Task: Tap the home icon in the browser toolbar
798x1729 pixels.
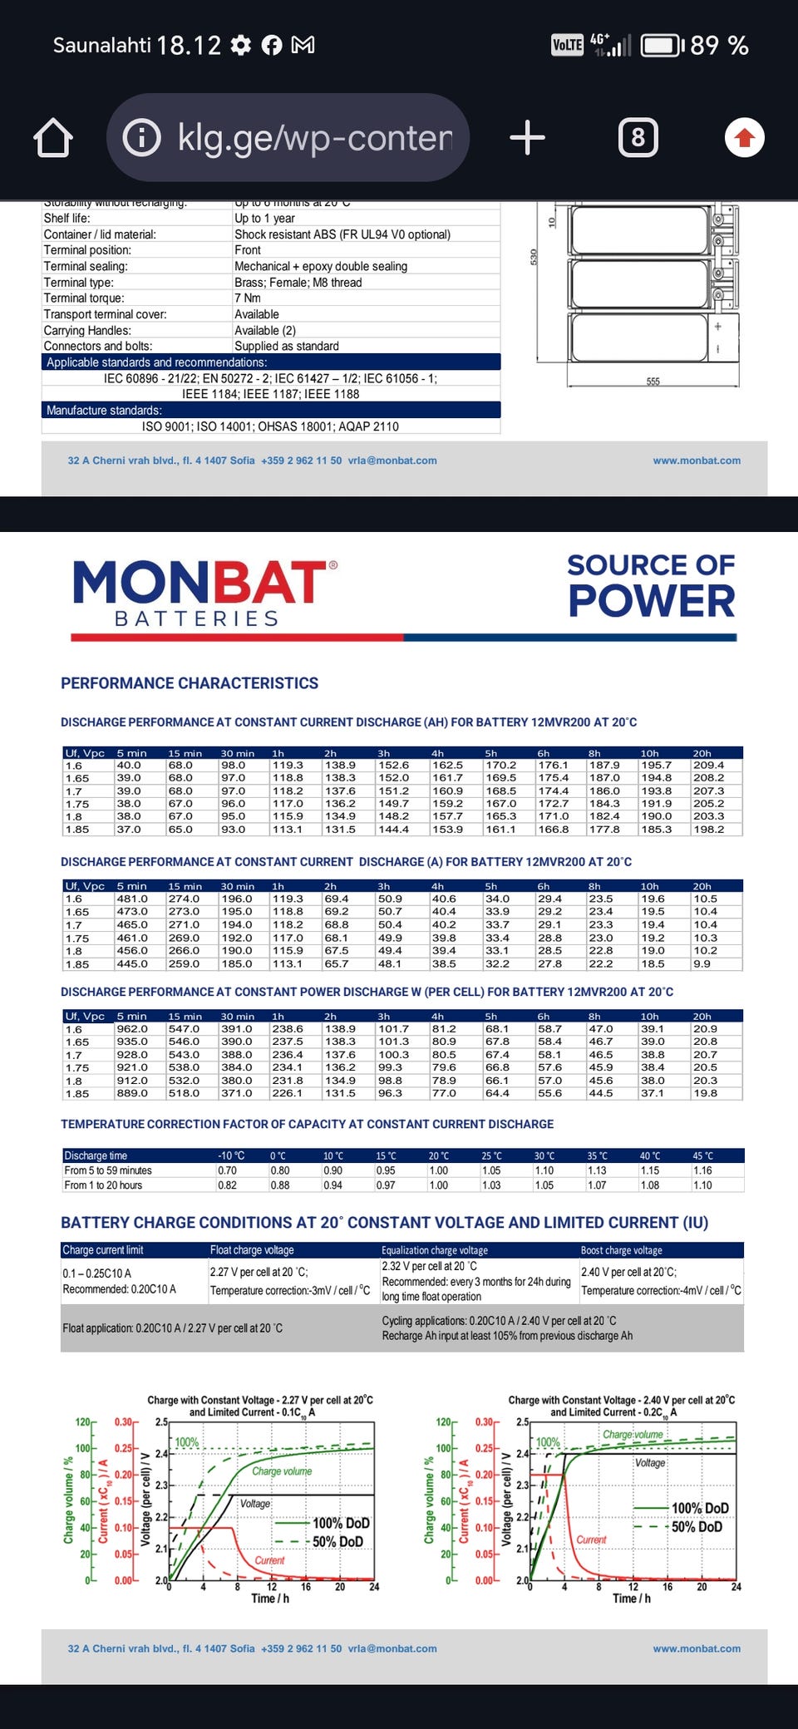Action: click(53, 138)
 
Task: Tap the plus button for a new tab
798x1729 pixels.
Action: click(527, 137)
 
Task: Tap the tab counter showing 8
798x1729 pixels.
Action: click(638, 137)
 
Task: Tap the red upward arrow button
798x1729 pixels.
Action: click(744, 138)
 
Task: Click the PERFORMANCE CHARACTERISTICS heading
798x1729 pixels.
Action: click(190, 683)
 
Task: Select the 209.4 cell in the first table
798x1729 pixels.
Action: click(708, 765)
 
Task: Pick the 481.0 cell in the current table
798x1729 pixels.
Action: click(132, 899)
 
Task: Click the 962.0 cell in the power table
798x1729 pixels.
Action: click(132, 1029)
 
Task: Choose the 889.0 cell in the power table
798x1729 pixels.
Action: click(132, 1093)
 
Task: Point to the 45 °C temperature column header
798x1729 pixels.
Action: click(702, 1155)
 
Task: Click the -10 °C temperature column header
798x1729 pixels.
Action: click(231, 1155)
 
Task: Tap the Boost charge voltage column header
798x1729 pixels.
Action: click(622, 1250)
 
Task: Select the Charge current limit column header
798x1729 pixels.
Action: click(103, 1250)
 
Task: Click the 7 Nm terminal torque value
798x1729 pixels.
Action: click(248, 298)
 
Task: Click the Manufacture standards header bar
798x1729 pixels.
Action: click(271, 411)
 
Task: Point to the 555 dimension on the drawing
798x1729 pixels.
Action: click(653, 382)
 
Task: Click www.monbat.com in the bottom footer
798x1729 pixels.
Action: click(697, 1648)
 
